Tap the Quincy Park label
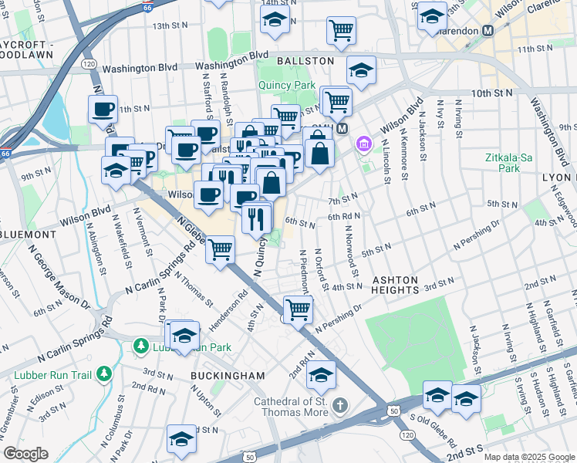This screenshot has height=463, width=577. click(x=293, y=86)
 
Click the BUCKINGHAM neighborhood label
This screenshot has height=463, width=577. click(x=228, y=376)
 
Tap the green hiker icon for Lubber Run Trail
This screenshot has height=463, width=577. click(x=104, y=375)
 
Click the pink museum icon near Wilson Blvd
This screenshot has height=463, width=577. click(x=363, y=144)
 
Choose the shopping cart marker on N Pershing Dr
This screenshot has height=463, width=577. click(x=298, y=309)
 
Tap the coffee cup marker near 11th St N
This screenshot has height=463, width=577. click(x=103, y=110)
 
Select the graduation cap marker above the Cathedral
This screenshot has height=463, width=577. click(x=322, y=375)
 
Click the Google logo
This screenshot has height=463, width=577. click(x=25, y=454)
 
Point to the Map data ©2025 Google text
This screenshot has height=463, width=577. click(x=528, y=457)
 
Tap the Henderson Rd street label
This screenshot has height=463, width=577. click(x=231, y=305)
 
